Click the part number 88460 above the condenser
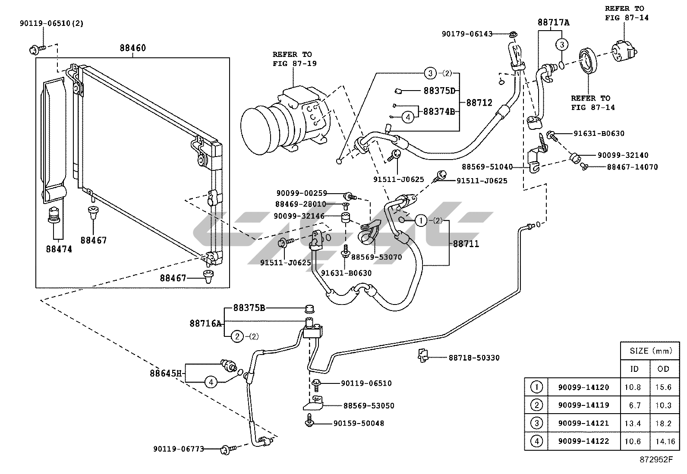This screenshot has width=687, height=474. [x=132, y=48]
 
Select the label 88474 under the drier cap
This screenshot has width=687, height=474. [x=59, y=249]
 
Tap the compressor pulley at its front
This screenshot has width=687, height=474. [x=256, y=131]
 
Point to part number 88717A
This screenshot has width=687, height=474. [x=553, y=22]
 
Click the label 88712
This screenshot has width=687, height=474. [x=479, y=103]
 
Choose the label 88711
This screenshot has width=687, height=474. [x=466, y=244]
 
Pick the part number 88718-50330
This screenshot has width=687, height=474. [x=474, y=358]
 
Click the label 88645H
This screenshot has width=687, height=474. [x=166, y=374]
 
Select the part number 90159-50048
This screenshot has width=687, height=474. [x=359, y=424]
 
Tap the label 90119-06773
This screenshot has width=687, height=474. [x=179, y=449]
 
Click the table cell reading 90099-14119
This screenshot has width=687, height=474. [x=583, y=405]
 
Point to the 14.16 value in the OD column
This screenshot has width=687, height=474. [x=665, y=442]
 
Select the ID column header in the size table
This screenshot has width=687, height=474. [x=634, y=369]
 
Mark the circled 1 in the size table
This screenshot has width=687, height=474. [x=536, y=387]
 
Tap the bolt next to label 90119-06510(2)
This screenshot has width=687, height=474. [x=37, y=49]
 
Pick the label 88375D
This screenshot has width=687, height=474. [x=439, y=91]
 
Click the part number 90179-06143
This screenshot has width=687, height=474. [x=467, y=34]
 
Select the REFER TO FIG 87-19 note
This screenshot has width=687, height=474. [x=294, y=59]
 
